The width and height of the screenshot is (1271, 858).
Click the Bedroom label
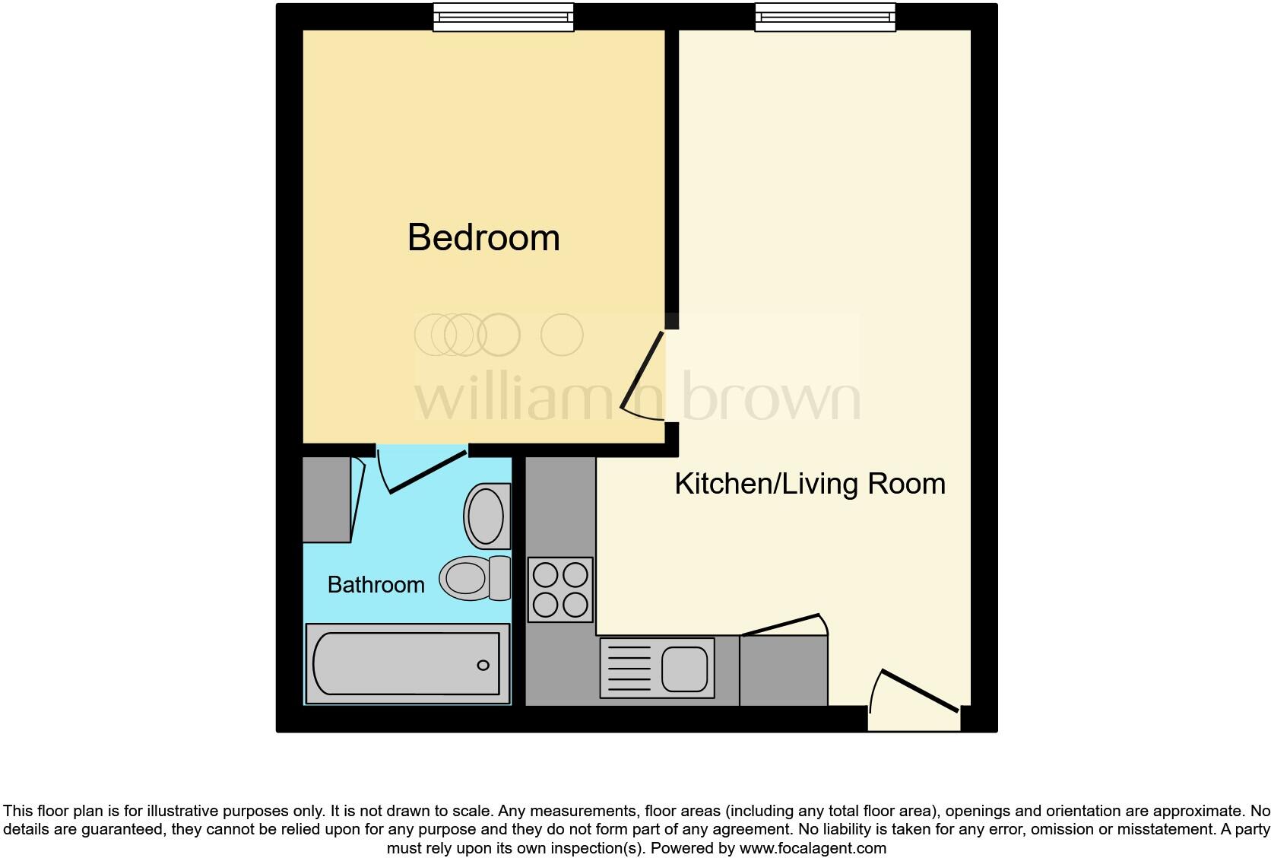tap(483, 238)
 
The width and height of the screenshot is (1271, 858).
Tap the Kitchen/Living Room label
tap(810, 484)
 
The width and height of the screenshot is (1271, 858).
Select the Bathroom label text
tap(376, 584)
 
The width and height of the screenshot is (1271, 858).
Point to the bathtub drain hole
tap(483, 666)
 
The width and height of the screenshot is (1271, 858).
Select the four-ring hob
tap(560, 589)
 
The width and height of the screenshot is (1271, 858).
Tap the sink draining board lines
tap(628, 669)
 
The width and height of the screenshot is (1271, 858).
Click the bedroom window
tap(502, 17)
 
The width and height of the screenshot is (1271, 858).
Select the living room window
tap(825, 17)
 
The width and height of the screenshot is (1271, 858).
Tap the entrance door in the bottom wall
tap(916, 692)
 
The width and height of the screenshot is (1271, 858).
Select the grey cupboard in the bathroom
tap(327, 499)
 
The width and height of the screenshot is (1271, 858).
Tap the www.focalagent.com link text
tap(812, 847)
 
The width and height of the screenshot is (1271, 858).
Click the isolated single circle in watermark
tap(562, 335)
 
